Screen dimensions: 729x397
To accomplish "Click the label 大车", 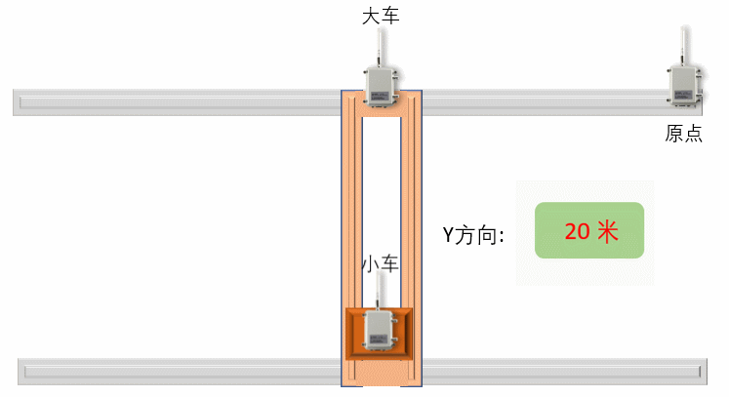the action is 381,16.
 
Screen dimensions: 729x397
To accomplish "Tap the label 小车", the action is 381,264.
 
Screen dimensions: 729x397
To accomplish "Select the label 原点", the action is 683,135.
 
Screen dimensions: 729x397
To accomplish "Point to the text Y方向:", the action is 473,235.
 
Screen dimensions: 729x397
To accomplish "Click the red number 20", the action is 577,232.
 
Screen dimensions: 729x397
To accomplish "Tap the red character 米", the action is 607,232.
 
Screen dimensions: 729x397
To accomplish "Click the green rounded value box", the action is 589,230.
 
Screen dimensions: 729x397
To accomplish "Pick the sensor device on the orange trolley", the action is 381,330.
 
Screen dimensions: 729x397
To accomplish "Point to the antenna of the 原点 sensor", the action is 683,45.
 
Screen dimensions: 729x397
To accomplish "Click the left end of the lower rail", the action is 25,371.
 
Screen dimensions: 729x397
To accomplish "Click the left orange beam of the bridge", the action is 352,215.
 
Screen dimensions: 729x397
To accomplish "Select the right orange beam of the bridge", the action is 411,215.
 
